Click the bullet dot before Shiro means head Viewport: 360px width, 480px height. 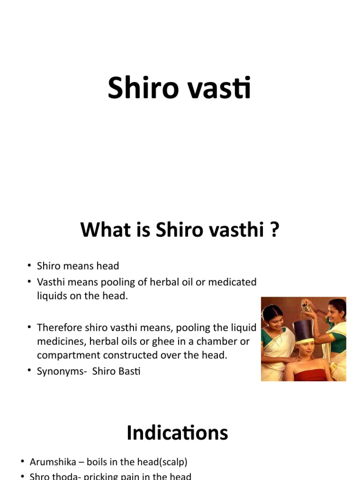[x=30, y=266]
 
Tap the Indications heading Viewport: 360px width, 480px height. [x=177, y=433]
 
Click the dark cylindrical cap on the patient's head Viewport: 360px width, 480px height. [x=303, y=330]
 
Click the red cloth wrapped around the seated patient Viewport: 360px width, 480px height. [x=307, y=375]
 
